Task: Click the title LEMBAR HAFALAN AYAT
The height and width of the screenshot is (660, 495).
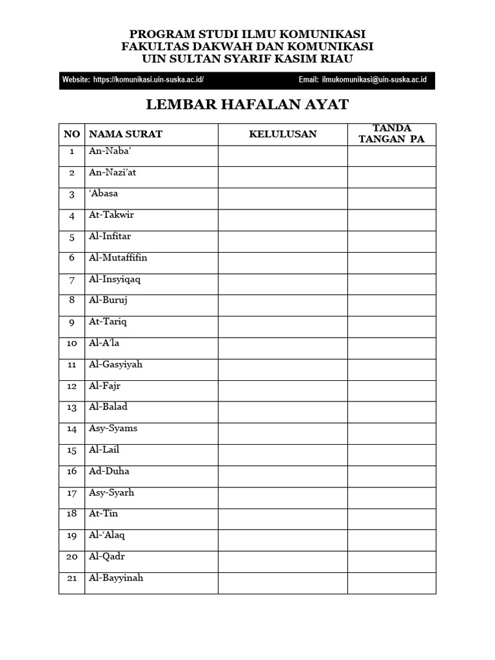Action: pos(247,104)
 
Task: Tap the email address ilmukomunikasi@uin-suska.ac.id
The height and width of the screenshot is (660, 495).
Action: pos(374,80)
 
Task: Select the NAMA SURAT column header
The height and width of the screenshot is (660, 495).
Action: pos(126,134)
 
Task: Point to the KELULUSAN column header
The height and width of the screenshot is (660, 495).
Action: pos(283,134)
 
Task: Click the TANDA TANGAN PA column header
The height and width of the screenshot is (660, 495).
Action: pos(392,133)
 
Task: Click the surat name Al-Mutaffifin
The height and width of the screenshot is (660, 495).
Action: pos(118,258)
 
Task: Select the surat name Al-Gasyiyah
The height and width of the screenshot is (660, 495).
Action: pos(115,365)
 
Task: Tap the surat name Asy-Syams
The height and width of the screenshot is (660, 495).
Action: pos(113,429)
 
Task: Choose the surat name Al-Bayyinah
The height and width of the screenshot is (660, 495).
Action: pos(116,578)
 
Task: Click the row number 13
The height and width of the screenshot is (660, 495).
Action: pos(72,407)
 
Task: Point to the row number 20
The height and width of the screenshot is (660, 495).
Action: pos(72,557)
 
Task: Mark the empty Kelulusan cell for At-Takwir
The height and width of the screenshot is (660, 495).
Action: pos(283,220)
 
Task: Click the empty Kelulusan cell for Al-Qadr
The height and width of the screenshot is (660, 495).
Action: pos(283,561)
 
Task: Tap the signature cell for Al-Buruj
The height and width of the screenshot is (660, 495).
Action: pos(392,305)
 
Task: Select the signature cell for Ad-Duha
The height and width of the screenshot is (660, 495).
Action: pos(392,476)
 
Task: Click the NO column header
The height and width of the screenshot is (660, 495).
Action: pos(72,134)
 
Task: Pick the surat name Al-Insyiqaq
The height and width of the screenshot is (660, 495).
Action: pos(115,279)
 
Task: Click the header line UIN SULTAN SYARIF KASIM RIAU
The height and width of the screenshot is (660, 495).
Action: pos(247,59)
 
